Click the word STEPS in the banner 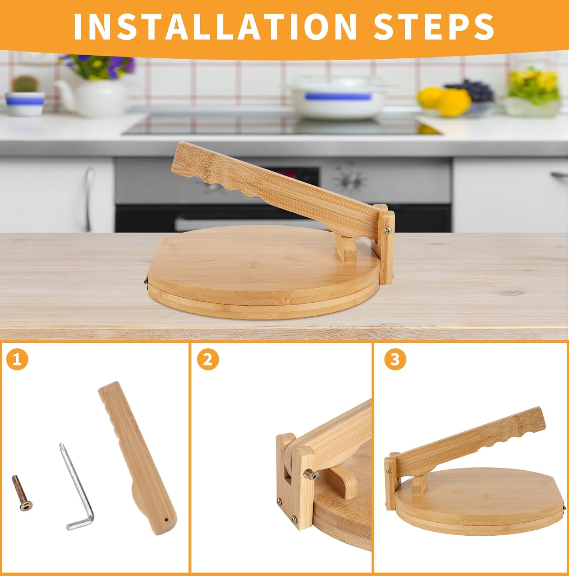coord(434,26)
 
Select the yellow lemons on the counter coord(446,101)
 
